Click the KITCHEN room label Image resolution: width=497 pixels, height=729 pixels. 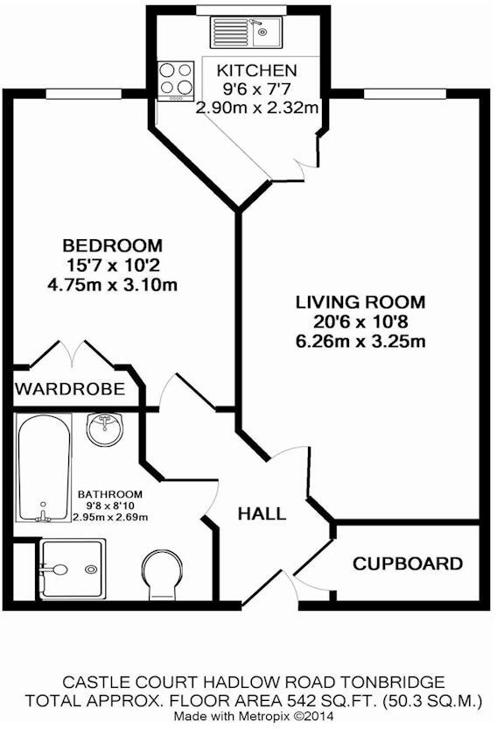[257, 71]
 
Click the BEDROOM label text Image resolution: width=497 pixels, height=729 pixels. [112, 244]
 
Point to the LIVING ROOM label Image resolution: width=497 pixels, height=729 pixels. [360, 302]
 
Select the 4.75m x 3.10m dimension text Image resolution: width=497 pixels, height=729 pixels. [112, 284]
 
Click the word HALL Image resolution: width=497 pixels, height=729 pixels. [262, 513]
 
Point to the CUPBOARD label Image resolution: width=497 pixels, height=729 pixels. [407, 563]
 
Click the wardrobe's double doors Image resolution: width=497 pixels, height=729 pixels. [73, 354]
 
